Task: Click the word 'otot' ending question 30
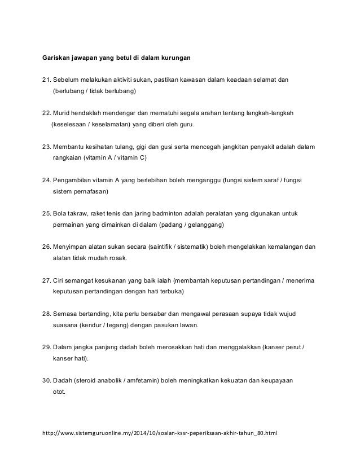coord(59,393)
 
